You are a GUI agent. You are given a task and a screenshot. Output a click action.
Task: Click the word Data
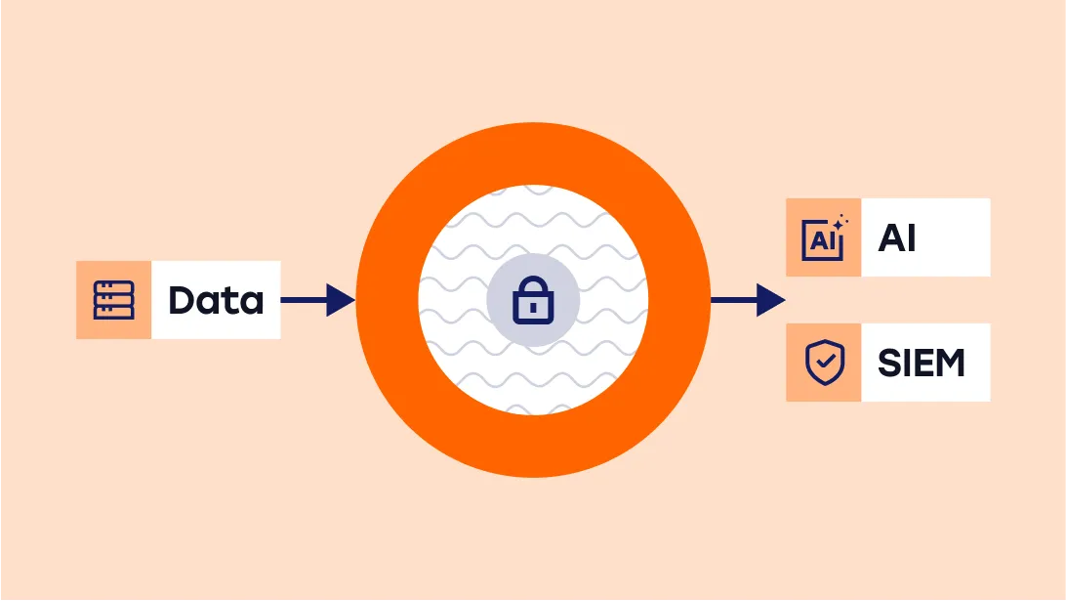click(x=216, y=300)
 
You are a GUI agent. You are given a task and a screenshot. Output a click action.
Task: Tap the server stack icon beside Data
click(x=113, y=300)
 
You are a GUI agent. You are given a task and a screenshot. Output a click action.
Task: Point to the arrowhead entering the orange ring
click(x=342, y=300)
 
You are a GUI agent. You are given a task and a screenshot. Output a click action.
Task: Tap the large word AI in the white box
click(x=897, y=237)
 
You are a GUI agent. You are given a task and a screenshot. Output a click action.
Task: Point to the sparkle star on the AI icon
click(x=840, y=223)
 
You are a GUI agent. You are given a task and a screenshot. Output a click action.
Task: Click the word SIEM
click(x=921, y=363)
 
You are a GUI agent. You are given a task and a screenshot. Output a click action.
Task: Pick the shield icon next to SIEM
click(x=823, y=363)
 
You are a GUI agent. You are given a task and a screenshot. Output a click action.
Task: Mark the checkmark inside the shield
click(x=824, y=363)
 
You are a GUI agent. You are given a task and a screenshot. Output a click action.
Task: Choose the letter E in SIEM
click(x=918, y=363)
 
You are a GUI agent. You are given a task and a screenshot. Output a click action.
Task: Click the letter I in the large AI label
click(x=912, y=237)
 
